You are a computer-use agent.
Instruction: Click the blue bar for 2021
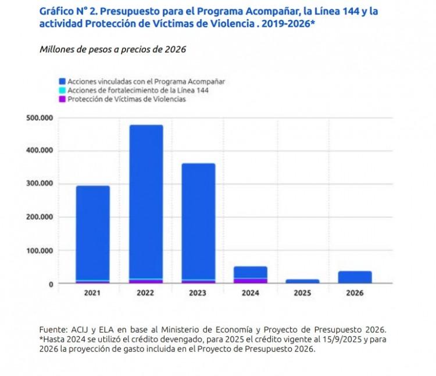coord(92,232)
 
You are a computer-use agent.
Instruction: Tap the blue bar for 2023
coord(198,221)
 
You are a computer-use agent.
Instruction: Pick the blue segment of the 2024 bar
coord(250,272)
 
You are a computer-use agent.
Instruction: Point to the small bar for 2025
coord(302,281)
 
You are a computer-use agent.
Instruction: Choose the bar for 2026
coord(355,277)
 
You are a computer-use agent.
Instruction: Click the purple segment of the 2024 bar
coord(250,281)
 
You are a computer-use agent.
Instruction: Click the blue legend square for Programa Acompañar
coord(62,82)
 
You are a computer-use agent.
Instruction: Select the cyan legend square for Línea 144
coord(62,91)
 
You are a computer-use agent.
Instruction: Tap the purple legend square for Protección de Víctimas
coord(62,99)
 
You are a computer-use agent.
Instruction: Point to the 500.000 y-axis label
coord(40,117)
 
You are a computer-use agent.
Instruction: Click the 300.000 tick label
coord(40,184)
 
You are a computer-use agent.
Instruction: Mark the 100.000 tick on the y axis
coord(40,251)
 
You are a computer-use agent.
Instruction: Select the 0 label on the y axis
coord(51,284)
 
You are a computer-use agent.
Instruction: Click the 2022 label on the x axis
coord(145,293)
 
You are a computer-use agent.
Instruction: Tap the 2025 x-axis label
coord(302,293)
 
